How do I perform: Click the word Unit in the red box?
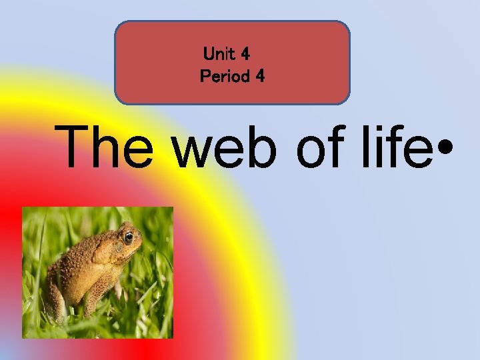click(221, 52)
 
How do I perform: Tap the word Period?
click(225, 77)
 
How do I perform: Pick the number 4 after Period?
click(259, 77)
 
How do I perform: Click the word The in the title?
click(110, 147)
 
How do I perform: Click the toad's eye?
click(129, 237)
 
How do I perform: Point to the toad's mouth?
click(137, 250)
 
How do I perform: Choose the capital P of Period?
click(205, 77)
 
